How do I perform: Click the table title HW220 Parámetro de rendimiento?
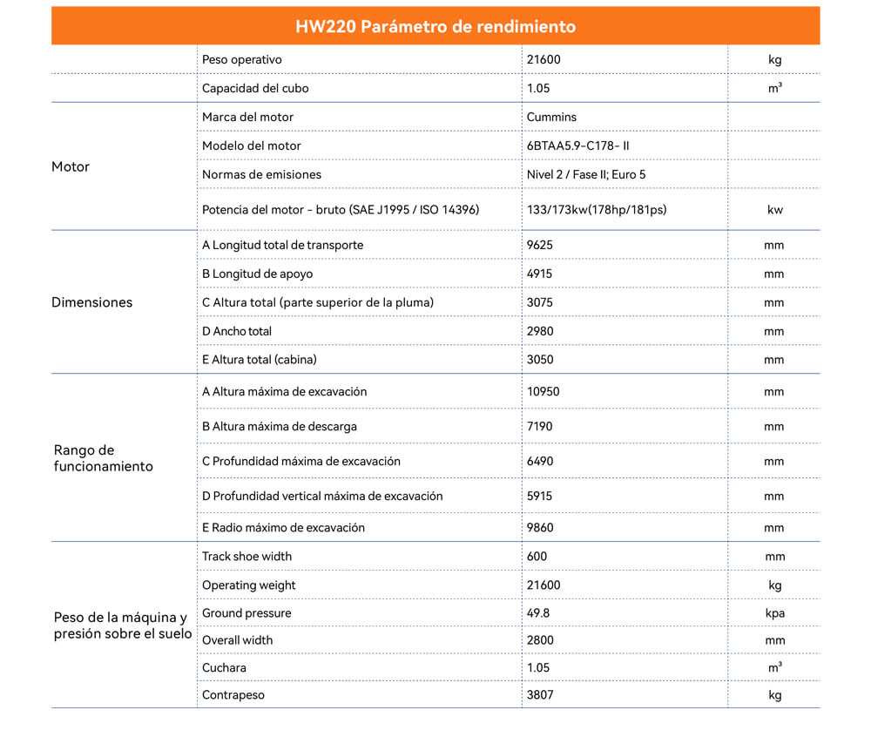435,26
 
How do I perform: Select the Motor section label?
71,166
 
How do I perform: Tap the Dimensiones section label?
92,302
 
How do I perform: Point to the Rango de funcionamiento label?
103,458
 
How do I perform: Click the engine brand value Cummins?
551,117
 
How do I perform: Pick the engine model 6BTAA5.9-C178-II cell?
577,145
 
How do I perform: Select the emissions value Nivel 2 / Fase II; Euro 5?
586,174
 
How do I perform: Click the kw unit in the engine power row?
774,210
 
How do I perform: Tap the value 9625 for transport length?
540,245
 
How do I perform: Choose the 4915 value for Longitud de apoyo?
540,274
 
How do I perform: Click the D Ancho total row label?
237,331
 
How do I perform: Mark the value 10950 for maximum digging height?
544,391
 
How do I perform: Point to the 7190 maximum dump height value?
540,426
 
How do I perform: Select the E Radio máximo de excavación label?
283,527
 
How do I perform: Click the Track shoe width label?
246,556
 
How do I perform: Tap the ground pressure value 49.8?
538,612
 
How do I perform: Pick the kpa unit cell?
774,612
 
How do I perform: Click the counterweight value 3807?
540,695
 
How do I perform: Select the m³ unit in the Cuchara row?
774,667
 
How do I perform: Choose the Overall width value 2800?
540,639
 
